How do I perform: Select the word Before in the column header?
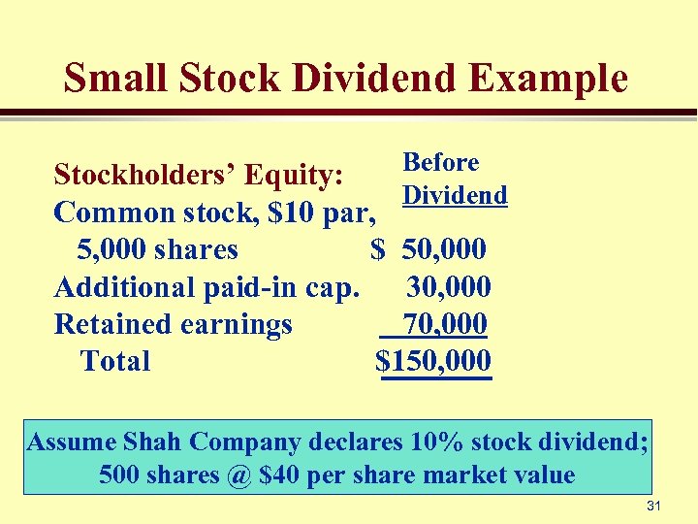pos(441,162)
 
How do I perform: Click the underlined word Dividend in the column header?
pos(455,195)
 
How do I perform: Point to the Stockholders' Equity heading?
pos(198,176)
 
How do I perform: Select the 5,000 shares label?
pos(157,249)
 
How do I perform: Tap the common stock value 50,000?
pos(444,249)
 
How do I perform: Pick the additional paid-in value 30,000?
pos(449,286)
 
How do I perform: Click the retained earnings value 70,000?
pos(445,323)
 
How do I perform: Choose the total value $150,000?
pos(433,361)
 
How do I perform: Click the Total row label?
pos(115,361)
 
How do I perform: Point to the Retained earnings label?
pos(174,324)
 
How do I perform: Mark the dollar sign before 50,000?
pos(378,249)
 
